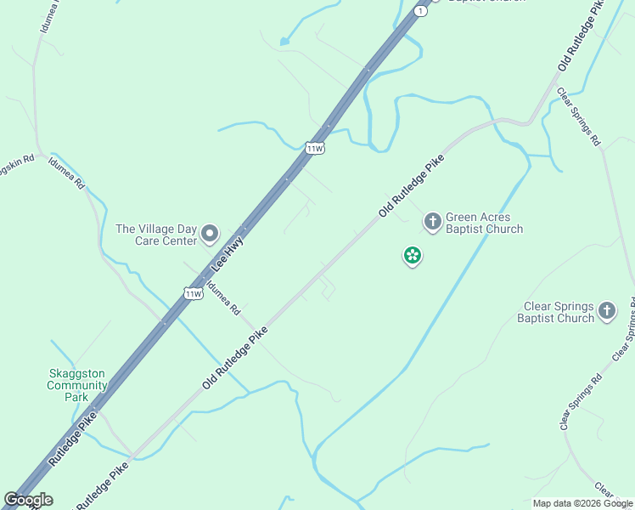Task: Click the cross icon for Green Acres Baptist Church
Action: pos(432,222)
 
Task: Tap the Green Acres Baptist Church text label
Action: pos(484,223)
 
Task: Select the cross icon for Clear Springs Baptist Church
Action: pos(606,311)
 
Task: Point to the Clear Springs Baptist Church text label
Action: pos(558,312)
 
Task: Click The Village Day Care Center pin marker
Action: pos(210,234)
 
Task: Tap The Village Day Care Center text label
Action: pos(155,235)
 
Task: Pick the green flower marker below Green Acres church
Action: pos(413,255)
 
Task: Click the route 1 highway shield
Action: pos(419,10)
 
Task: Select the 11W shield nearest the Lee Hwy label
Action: pos(194,293)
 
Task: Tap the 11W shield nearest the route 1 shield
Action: pos(315,148)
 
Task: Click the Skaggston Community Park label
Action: pos(77,385)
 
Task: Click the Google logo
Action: pos(28,500)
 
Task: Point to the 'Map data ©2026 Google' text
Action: pos(582,503)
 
